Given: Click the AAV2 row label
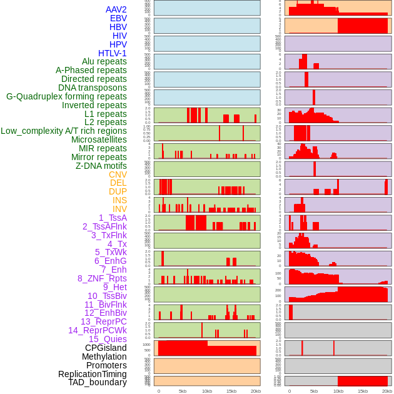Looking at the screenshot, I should coord(116,9).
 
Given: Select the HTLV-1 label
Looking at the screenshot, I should coord(112,53).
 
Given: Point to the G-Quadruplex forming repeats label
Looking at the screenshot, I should coord(66,96).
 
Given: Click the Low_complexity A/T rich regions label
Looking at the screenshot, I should coord(64,131).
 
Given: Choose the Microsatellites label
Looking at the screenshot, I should coord(99,139).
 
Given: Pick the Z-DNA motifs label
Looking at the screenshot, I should coord(101,166).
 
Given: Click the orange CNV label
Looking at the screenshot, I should coord(118,174).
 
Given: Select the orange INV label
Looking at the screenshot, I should coord(119,209).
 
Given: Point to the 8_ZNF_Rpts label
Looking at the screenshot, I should coord(102,278).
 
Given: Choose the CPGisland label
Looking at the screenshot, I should coord(106,348).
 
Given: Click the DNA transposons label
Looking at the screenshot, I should coord(93,88).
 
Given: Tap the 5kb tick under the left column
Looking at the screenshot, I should coord(183,391).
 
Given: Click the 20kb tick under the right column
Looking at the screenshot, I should coord(386,391).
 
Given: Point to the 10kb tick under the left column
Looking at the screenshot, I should coord(207,391).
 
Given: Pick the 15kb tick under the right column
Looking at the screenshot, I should coord(362,391).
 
